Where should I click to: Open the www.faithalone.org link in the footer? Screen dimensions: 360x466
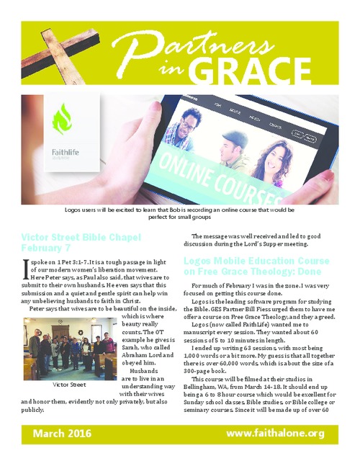[x=275, y=433]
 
